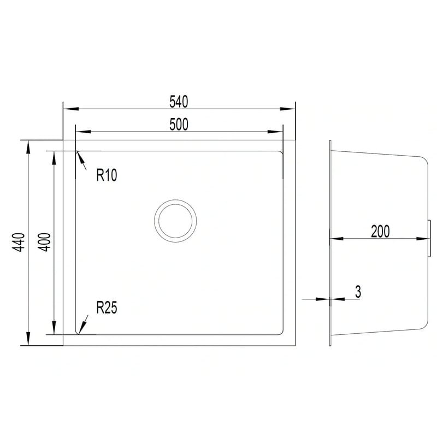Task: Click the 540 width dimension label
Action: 179,102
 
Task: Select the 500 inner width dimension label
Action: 179,125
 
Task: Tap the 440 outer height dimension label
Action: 20,242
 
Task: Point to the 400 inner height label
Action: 44,242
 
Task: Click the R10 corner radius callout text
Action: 107,175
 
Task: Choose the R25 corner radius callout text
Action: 107,308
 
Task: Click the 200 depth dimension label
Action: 380,231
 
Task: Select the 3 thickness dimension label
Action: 358,292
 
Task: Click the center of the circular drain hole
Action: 175,221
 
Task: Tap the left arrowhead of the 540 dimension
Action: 71,109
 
